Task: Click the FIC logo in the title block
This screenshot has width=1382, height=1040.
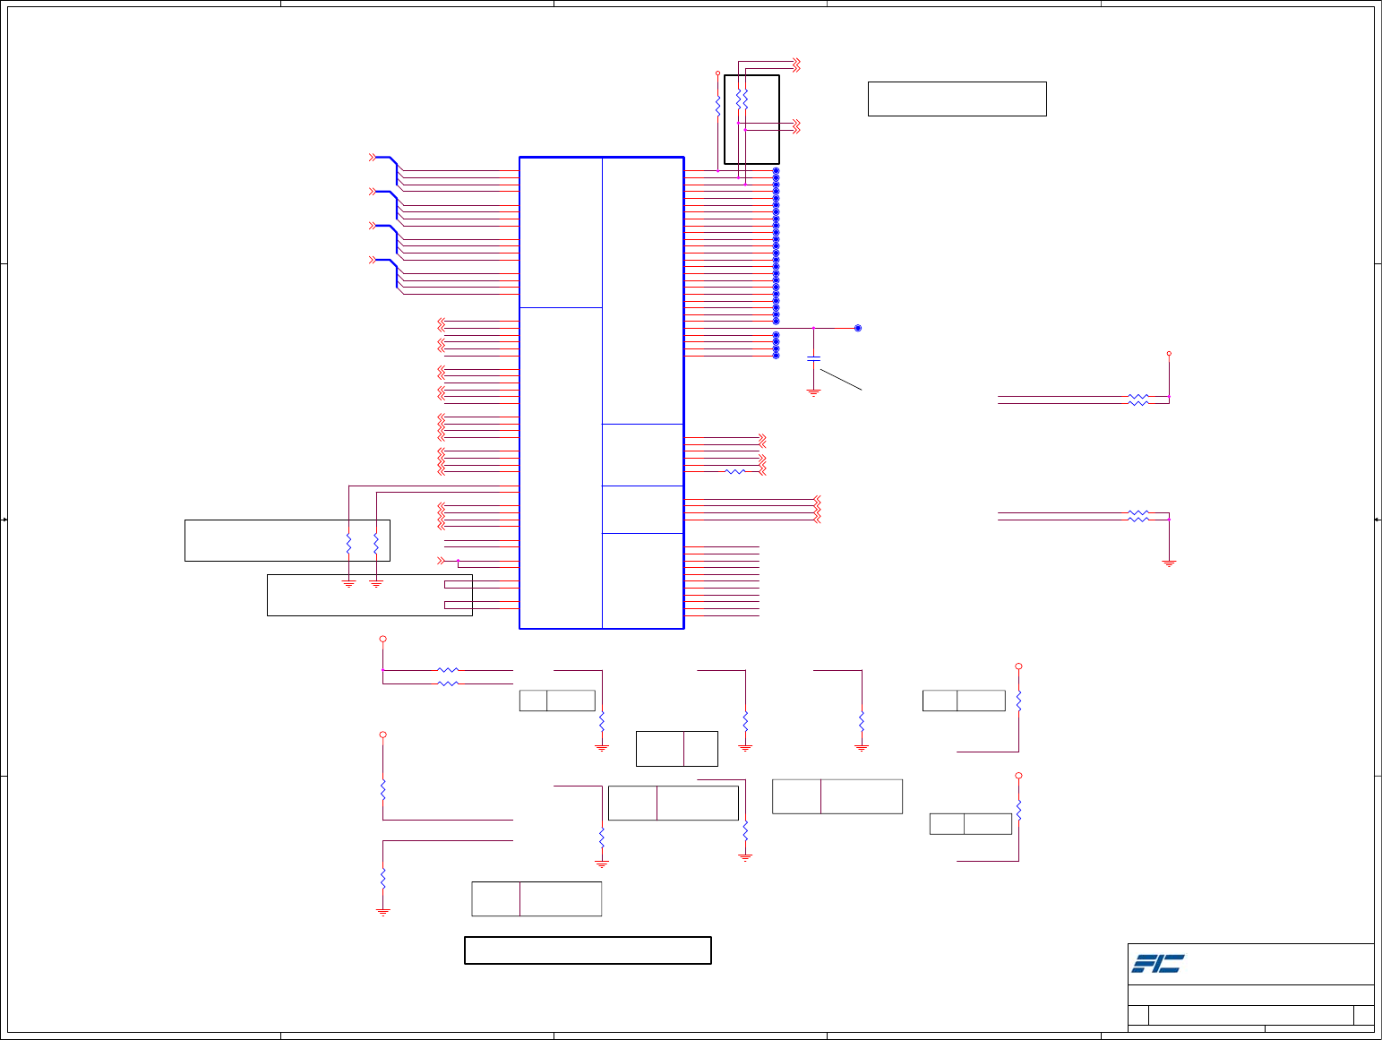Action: coord(1157,964)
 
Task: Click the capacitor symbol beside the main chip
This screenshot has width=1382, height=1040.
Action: coord(813,359)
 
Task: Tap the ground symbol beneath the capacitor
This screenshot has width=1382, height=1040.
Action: coord(813,392)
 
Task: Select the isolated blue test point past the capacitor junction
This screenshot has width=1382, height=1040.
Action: coord(857,328)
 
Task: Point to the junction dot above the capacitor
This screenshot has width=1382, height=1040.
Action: coord(813,328)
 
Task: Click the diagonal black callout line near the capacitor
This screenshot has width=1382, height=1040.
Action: coord(840,380)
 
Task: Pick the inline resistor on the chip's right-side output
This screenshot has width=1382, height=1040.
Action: coord(734,471)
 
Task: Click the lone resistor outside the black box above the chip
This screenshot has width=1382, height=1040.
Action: coord(717,106)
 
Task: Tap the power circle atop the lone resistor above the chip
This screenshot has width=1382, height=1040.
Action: coord(717,73)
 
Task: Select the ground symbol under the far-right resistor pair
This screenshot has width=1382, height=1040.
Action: coord(1169,563)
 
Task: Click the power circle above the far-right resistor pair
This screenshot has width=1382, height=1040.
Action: coord(1169,354)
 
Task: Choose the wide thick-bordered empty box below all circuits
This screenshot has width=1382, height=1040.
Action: coord(588,950)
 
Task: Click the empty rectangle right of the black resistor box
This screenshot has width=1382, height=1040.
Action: coord(957,99)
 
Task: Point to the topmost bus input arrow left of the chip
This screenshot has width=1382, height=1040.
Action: coord(373,158)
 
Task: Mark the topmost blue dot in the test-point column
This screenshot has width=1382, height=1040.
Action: coord(776,170)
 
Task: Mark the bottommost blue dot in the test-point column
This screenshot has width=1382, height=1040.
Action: coord(776,356)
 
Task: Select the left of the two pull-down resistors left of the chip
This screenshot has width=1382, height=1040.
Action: coord(348,543)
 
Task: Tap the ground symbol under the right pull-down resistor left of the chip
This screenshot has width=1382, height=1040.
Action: coord(376,584)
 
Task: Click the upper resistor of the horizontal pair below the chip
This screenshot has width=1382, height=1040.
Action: coord(448,669)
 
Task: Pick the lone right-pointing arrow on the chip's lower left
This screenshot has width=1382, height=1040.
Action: coord(441,561)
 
